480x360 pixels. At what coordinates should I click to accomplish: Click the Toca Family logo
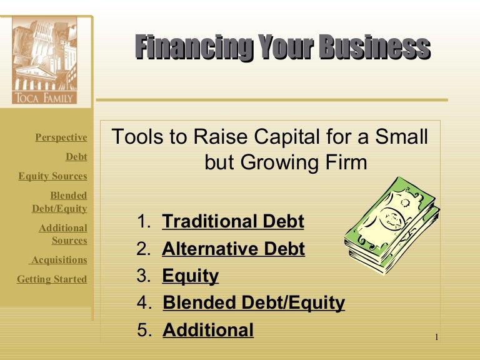(x=44, y=60)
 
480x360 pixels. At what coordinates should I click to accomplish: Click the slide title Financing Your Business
(x=282, y=48)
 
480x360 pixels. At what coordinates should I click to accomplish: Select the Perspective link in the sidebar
(x=61, y=137)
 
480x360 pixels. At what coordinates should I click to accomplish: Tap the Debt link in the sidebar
(x=76, y=157)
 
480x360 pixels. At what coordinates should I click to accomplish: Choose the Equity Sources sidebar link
(x=52, y=176)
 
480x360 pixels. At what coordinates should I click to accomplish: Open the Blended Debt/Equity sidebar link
(x=60, y=202)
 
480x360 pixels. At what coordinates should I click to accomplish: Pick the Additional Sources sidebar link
(x=63, y=234)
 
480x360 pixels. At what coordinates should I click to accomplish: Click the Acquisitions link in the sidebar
(x=59, y=260)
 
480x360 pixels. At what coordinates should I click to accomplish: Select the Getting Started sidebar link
(x=52, y=279)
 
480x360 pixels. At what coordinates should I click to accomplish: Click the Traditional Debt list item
(x=232, y=221)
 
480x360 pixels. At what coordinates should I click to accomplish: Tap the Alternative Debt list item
(x=233, y=249)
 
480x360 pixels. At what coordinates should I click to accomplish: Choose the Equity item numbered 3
(x=191, y=276)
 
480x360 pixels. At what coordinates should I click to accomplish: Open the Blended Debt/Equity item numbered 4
(x=253, y=303)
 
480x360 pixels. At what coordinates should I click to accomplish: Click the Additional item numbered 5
(x=208, y=330)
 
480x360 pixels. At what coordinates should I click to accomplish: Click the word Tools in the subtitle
(x=133, y=137)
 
